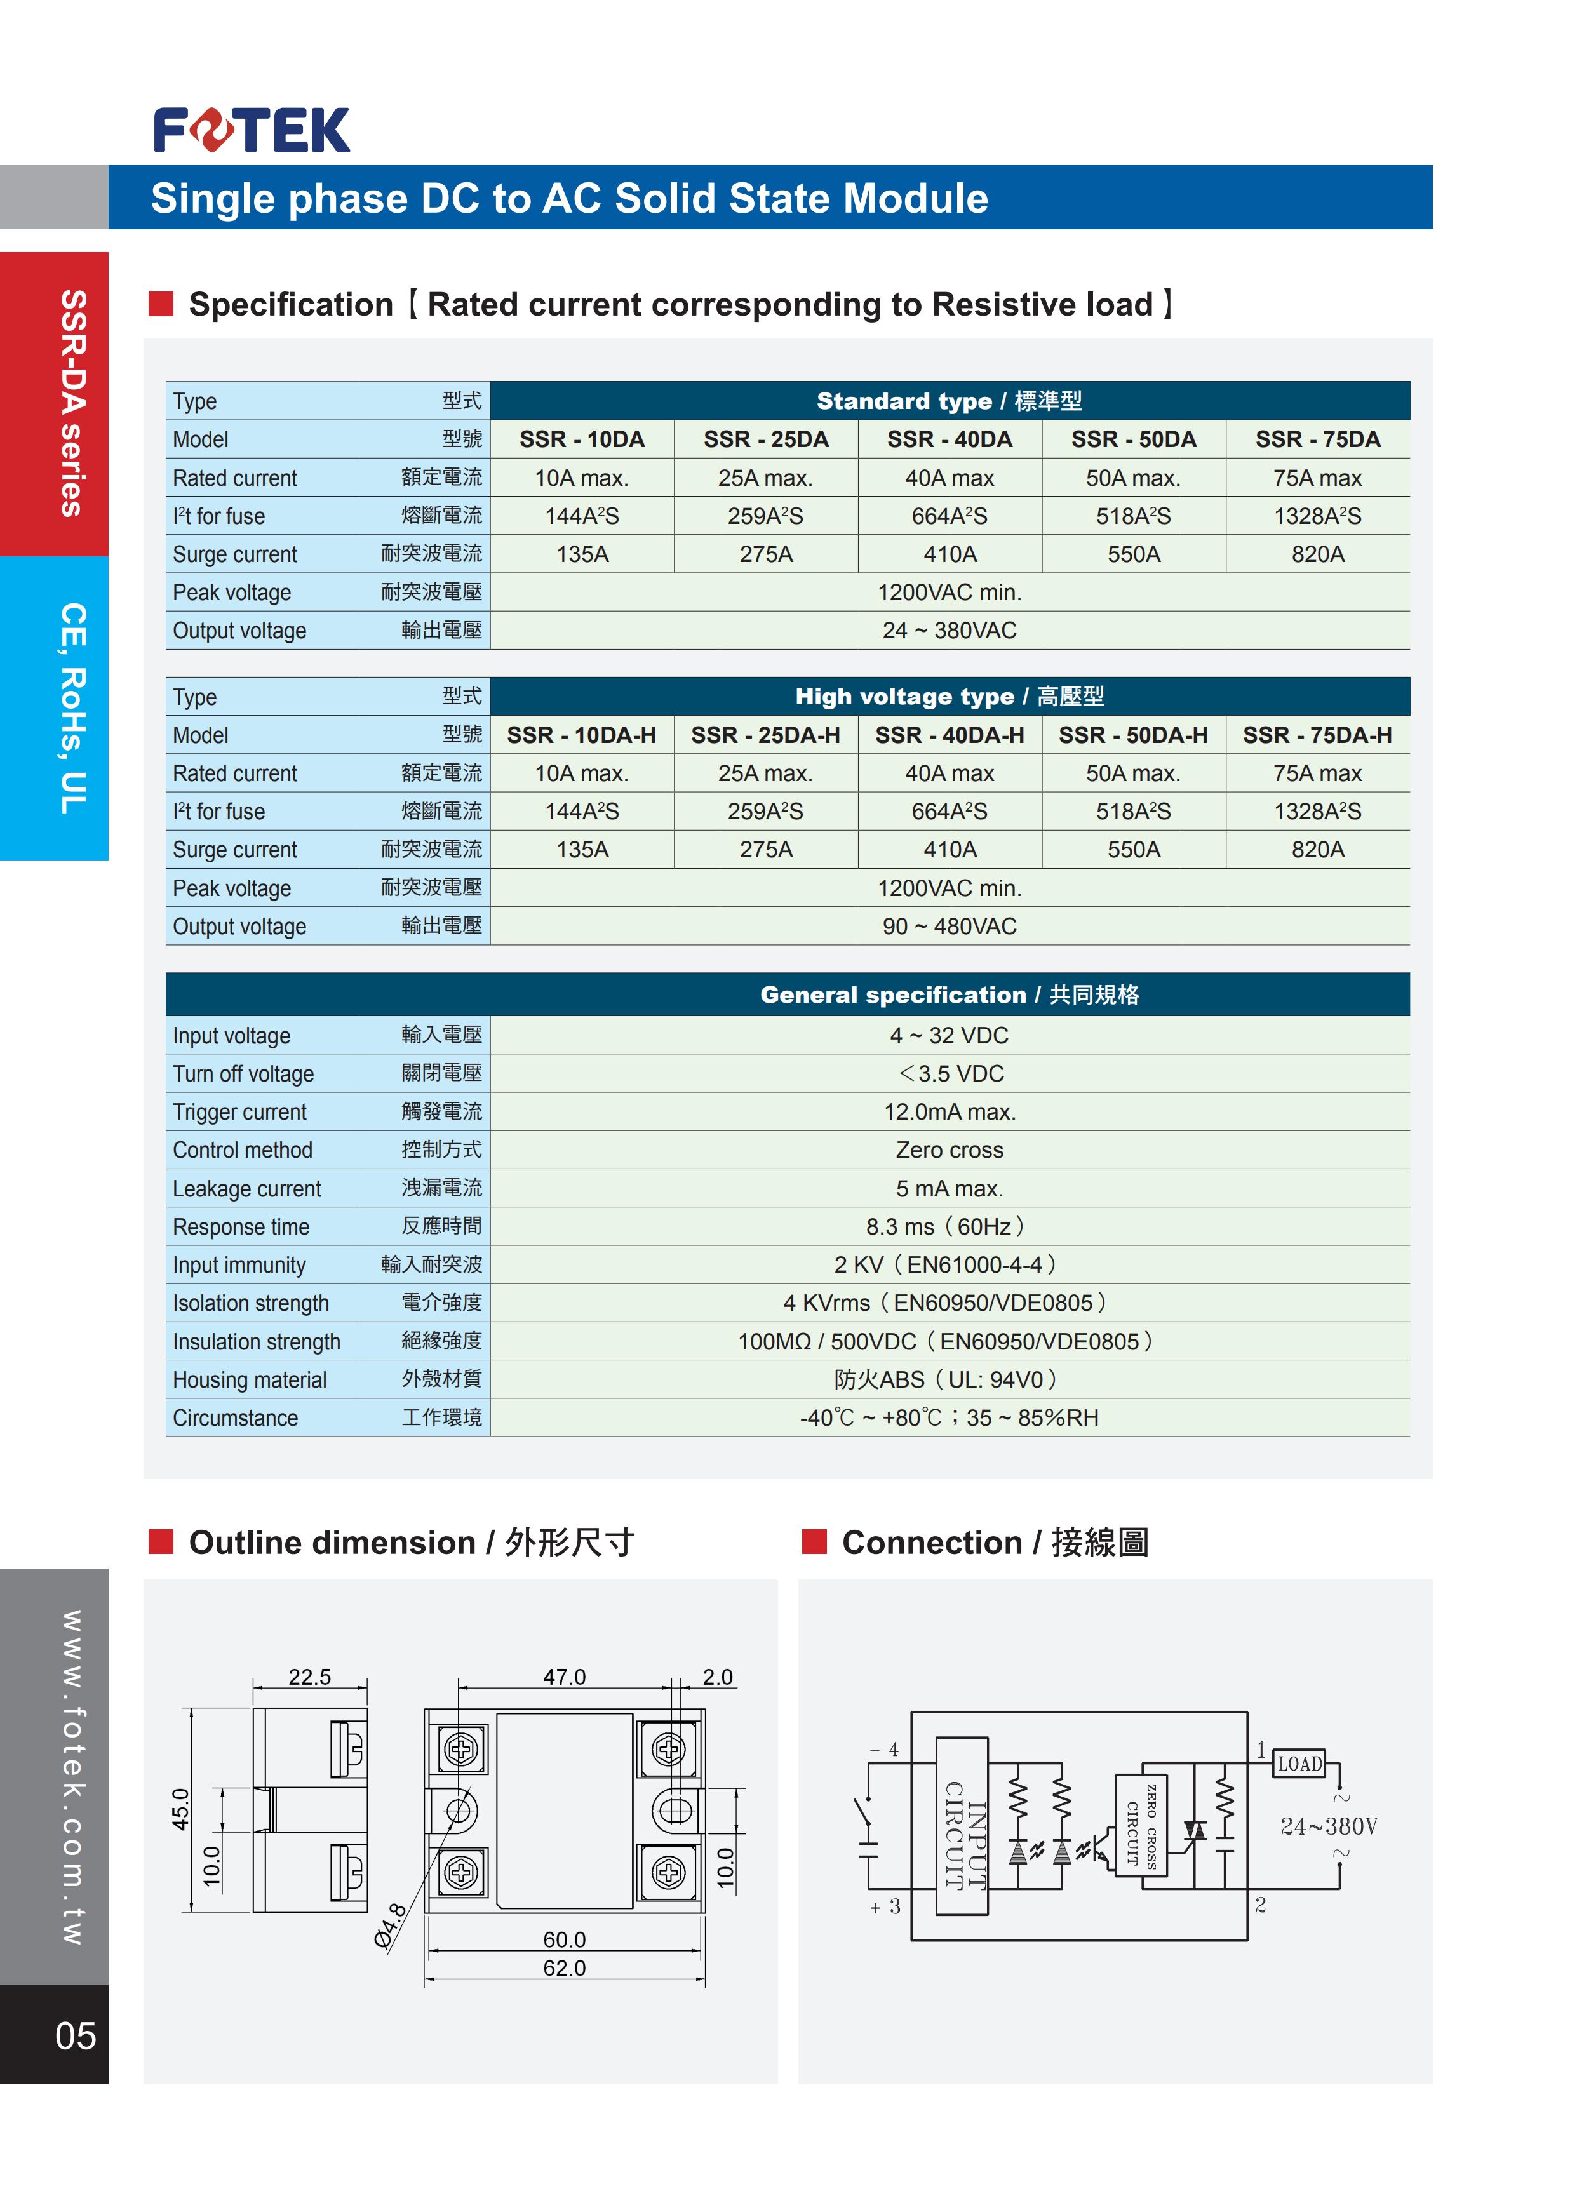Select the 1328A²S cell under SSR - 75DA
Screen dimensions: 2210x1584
[x=1317, y=516]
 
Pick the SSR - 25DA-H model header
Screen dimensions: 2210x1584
[x=765, y=735]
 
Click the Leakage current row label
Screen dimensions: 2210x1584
[x=246, y=1189]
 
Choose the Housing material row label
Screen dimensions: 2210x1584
[x=250, y=1380]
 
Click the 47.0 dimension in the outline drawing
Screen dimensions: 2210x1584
[x=565, y=1677]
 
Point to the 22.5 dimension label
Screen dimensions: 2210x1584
[x=309, y=1677]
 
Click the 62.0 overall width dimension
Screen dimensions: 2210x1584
[x=565, y=1967]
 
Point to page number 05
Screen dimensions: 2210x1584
[x=75, y=2035]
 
